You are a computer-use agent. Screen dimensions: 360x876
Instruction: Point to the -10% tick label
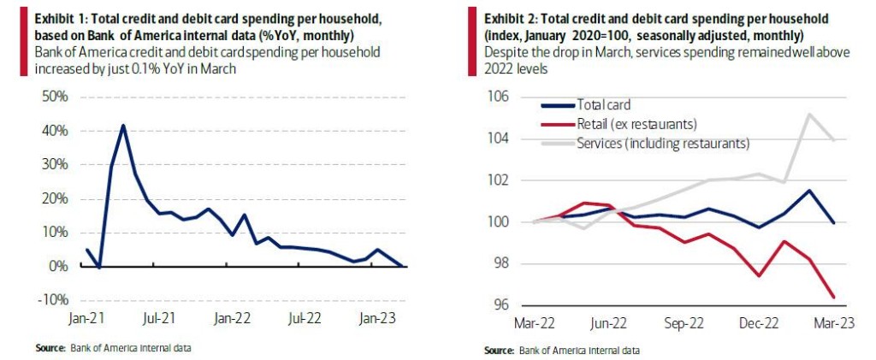tap(53, 300)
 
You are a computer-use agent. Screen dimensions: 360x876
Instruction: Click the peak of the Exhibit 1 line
tap(123, 126)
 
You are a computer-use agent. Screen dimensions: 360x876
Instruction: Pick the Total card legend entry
tap(604, 104)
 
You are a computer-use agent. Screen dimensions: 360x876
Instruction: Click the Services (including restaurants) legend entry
tap(663, 143)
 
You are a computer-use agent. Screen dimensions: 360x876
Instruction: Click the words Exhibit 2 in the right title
tap(509, 19)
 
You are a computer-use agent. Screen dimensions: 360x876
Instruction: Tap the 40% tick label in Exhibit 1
tap(55, 130)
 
